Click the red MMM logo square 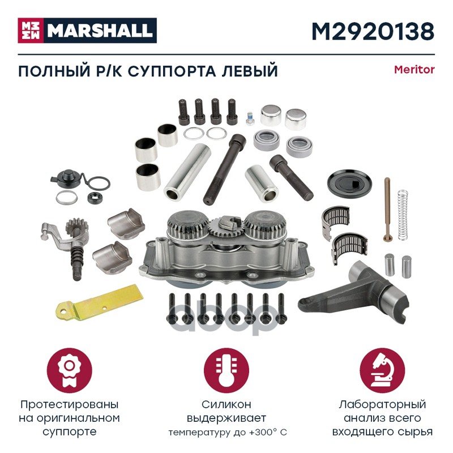coord(31,31)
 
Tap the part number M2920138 coord(373,31)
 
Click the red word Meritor coord(414,70)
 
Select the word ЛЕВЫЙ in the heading coord(249,71)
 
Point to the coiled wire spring coord(403,215)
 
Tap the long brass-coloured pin coord(388,210)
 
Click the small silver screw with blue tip coord(250,118)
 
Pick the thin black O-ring coord(99,183)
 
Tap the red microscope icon coord(382,370)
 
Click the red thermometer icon coord(226,370)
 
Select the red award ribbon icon coord(69,370)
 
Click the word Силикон coord(226,404)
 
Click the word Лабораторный coord(382,405)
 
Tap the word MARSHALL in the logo coord(100,31)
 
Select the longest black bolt coord(225,169)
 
